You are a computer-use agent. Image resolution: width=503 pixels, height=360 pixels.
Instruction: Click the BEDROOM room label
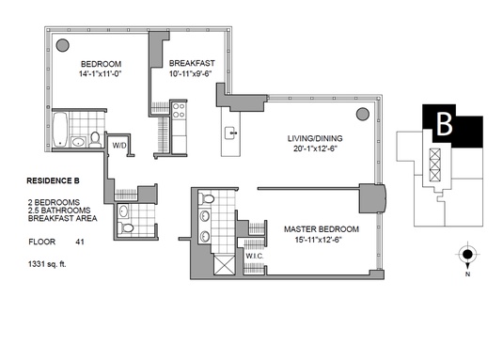click(101, 64)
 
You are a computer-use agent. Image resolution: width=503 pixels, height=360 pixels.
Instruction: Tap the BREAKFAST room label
click(192, 63)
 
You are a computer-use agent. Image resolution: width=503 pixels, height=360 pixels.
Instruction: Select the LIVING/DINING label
click(315, 138)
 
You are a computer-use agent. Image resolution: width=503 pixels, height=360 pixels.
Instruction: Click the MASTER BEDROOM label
click(322, 229)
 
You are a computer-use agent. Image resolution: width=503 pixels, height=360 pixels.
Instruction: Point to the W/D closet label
click(119, 146)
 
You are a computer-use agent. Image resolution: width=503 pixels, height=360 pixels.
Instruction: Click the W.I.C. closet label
click(255, 256)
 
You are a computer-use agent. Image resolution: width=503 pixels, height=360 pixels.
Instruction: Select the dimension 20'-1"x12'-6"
click(315, 149)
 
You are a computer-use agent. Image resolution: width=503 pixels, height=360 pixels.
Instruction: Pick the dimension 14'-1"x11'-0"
click(101, 73)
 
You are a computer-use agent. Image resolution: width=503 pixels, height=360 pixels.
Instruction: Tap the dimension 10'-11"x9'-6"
click(191, 73)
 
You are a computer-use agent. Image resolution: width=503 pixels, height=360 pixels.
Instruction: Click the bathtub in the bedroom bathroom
click(60, 129)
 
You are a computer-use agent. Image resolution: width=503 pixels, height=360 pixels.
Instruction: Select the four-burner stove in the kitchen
click(179, 111)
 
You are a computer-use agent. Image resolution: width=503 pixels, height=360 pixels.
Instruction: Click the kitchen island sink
click(231, 133)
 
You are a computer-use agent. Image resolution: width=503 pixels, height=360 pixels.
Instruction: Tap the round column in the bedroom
click(63, 45)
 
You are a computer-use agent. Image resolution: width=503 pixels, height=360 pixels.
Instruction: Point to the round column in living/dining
click(363, 114)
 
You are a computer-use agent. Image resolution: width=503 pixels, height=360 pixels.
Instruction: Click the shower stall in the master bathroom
click(224, 265)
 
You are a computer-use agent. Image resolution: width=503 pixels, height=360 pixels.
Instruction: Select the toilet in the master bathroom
click(207, 198)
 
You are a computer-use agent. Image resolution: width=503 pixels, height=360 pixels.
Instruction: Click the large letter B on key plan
click(445, 123)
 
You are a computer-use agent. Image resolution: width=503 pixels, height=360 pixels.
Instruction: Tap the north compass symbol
click(467, 255)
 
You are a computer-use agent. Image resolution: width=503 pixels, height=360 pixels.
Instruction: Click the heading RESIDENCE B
click(53, 180)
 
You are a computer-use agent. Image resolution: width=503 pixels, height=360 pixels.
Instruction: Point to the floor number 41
click(80, 242)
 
